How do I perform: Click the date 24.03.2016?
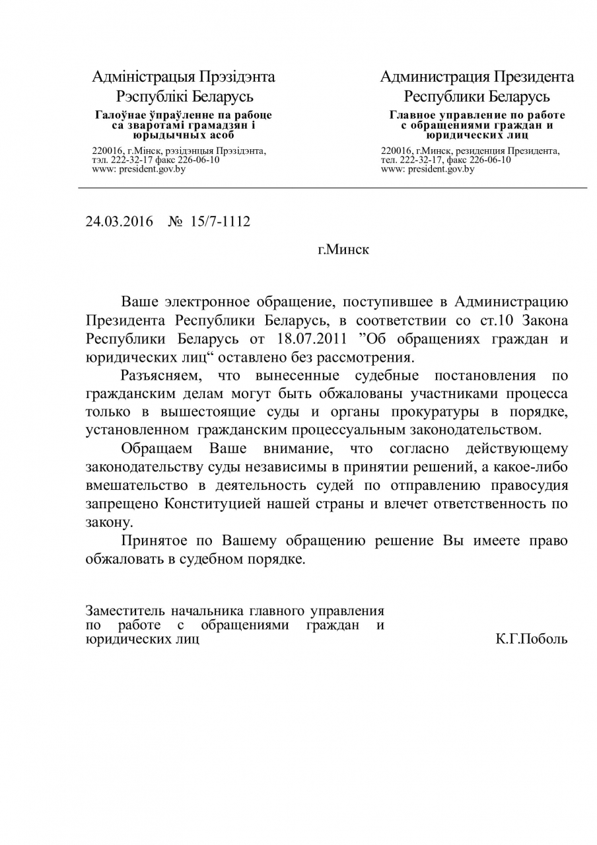click(x=118, y=221)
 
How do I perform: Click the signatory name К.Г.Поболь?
click(x=531, y=639)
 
